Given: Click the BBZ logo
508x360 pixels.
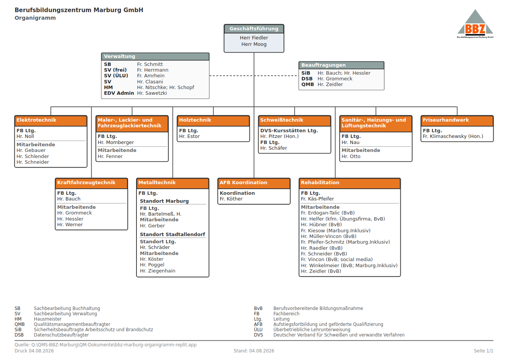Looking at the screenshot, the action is [475, 24].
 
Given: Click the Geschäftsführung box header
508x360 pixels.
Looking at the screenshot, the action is [254, 29].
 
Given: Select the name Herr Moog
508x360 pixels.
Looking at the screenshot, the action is [254, 44].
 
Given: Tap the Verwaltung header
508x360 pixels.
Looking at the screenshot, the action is [155, 56].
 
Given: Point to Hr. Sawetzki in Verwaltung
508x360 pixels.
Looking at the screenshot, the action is [152, 93].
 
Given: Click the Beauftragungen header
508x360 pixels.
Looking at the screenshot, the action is [341, 65].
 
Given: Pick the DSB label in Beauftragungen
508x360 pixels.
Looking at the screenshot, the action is [307, 79].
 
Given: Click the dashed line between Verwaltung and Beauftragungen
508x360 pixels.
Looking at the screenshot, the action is [254, 76].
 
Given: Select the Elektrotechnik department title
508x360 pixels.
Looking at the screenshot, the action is [36, 120].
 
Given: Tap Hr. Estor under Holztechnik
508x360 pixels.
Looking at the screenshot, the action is [190, 136].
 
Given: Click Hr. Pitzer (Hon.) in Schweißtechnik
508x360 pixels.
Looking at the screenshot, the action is [279, 136].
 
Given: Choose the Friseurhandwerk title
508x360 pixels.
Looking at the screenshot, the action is [445, 120].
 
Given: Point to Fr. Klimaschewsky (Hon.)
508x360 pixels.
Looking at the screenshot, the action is [453, 136].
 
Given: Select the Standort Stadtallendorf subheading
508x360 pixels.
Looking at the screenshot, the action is [172, 234].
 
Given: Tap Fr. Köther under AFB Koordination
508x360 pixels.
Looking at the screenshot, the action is [231, 199].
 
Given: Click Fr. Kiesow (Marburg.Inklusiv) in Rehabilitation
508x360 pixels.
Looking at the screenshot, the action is [336, 230].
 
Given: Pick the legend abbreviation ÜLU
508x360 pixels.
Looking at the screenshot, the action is [258, 329].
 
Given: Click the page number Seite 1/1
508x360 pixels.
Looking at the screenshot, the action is [483, 351].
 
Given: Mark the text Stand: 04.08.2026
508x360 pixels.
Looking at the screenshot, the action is [254, 351].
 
